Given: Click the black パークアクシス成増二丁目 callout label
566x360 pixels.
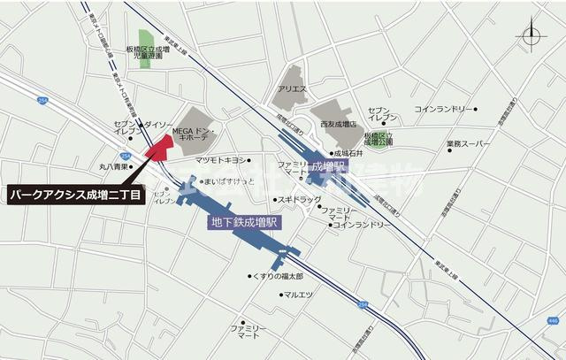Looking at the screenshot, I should [76, 193].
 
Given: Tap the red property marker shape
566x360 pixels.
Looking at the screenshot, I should [161, 147].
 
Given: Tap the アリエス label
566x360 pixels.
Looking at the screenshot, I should [291, 89].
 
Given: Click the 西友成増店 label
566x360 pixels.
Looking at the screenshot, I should [339, 125].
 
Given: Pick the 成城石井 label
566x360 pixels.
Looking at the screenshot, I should [348, 152].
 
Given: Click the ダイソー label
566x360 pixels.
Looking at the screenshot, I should [159, 126].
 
